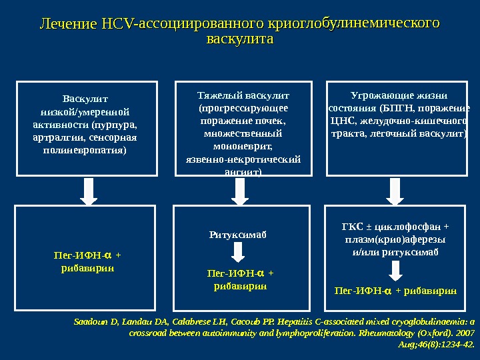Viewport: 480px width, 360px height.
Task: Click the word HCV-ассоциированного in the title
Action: pos(181,25)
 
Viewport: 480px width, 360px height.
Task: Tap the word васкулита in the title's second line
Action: pos(241,40)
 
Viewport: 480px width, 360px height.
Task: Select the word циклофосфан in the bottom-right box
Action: pos(409,225)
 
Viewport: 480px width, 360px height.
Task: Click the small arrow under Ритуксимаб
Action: pos(238,252)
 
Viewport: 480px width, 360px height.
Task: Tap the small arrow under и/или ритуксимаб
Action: pos(395,270)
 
